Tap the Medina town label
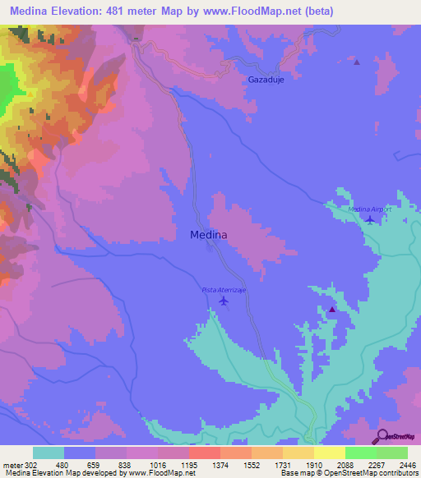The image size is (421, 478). coord(209,235)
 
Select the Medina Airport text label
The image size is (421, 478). coord(367,209)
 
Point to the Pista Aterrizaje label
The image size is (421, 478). coord(224,290)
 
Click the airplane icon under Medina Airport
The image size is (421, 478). coord(370,219)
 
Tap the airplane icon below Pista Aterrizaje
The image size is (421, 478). coord(224,301)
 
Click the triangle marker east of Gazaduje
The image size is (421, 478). coord(356,62)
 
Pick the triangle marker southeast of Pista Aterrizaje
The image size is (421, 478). coord(331,310)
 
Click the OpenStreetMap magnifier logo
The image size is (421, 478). coord(382,435)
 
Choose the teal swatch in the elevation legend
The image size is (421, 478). coord(49,453)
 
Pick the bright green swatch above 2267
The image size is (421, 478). coord(360,453)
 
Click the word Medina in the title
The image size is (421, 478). coord(30,11)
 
